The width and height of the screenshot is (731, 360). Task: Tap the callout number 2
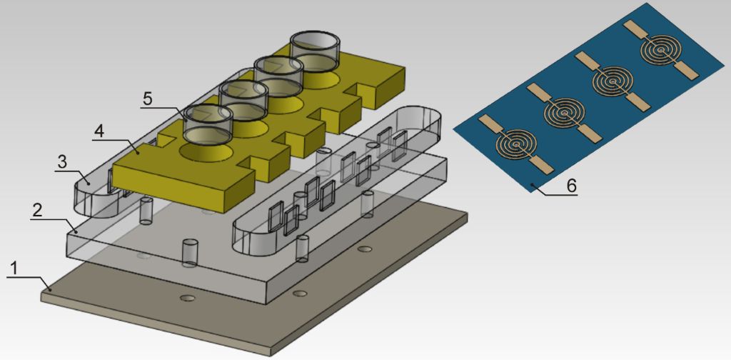pyautogui.click(x=37, y=211)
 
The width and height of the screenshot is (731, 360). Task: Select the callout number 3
pyautogui.click(x=61, y=162)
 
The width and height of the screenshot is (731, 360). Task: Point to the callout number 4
pyautogui.click(x=99, y=131)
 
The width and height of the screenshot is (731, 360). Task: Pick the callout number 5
pyautogui.click(x=147, y=100)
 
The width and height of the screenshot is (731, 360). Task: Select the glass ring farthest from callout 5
pyautogui.click(x=314, y=51)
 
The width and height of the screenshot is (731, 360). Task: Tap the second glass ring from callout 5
pyautogui.click(x=243, y=99)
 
